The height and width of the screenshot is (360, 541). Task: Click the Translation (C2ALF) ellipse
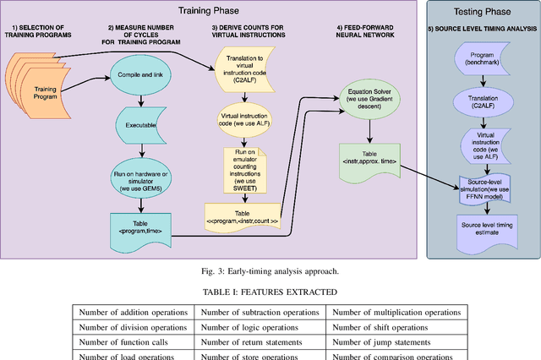pos(482,101)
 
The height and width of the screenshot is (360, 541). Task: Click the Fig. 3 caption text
pos(270,271)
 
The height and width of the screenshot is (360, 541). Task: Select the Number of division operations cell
pos(133,327)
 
